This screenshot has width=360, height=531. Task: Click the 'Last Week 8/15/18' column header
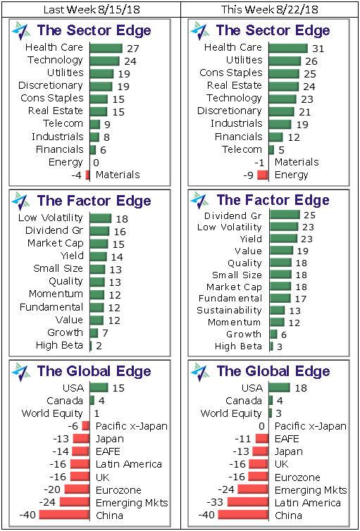(89, 9)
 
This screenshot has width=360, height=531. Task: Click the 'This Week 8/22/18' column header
(269, 9)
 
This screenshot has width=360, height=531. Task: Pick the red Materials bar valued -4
(87, 175)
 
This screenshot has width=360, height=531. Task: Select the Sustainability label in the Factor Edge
(229, 310)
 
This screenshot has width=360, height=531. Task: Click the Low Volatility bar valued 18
(100, 218)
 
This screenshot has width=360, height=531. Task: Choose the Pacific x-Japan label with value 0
(310, 426)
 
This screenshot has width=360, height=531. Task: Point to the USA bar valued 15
(99, 387)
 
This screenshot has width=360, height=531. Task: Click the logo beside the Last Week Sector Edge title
(21, 32)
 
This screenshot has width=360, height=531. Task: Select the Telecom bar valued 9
(94, 124)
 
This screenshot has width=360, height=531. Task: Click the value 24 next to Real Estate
(309, 86)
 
